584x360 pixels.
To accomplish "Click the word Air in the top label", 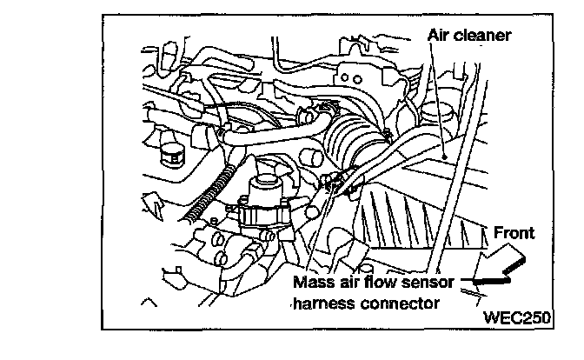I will pos(440,36).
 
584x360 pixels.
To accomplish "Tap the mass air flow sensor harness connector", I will pos(335,183).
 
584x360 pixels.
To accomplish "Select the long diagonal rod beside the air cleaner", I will pos(457,174).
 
